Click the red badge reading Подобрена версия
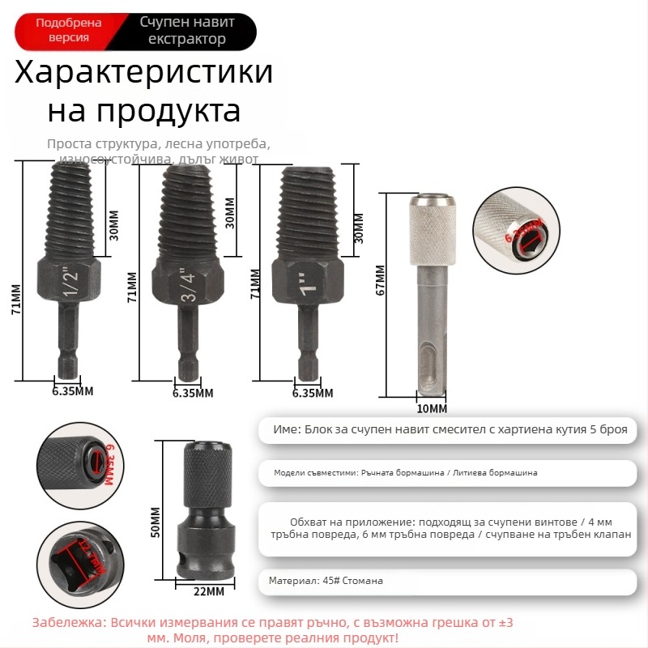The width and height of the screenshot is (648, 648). click(x=69, y=31)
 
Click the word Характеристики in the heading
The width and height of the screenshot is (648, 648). click(x=144, y=73)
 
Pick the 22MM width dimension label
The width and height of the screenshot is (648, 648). click(x=208, y=591)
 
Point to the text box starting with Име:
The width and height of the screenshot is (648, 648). click(x=450, y=429)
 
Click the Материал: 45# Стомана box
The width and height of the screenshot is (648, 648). click(x=450, y=581)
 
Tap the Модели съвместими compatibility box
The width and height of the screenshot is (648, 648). click(x=450, y=472)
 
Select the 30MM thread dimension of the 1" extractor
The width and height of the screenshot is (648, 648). click(x=358, y=227)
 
